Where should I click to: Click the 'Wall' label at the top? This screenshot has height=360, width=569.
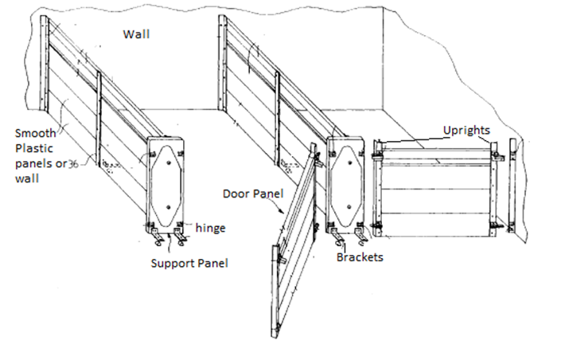[x=136, y=34]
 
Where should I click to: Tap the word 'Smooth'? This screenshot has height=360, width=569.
[x=34, y=132]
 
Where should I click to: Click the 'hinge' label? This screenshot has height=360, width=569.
[x=209, y=229]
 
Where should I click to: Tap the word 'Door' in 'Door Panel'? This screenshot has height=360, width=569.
[x=237, y=194]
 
